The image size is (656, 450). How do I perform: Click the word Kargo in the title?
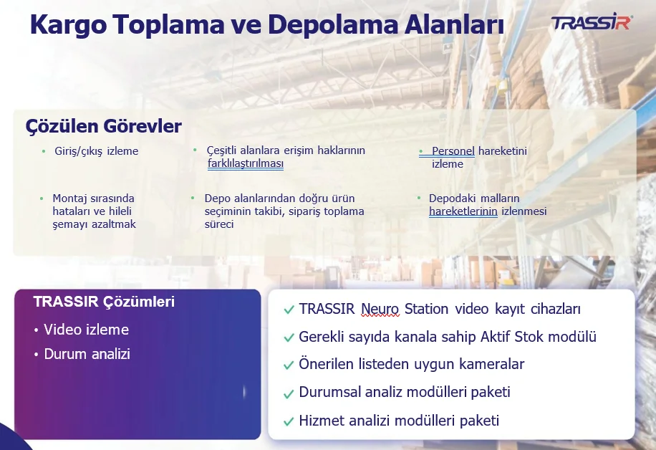pos(68,25)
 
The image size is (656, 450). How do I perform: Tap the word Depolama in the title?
pos(332,24)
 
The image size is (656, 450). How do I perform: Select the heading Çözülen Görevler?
pos(103,126)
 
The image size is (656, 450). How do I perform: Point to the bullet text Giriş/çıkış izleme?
pos(96,151)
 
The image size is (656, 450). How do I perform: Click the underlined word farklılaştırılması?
pos(246,163)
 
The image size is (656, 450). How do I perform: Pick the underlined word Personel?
pos(453,150)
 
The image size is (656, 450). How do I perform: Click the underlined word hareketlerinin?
pos(463,211)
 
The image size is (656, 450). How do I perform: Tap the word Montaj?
pos(69,198)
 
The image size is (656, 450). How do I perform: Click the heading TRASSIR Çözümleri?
pos(104,302)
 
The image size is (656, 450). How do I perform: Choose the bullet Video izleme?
pos(86,330)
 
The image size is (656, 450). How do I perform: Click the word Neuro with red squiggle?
pos(380,309)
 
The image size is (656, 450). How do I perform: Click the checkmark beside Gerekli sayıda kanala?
pos(289,337)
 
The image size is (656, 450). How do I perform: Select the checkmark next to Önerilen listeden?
pos(289,365)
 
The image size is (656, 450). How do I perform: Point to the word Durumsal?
pos(329,392)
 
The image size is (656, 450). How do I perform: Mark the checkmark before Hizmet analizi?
pos(289,421)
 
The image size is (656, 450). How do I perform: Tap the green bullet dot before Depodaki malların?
pos(419,198)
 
